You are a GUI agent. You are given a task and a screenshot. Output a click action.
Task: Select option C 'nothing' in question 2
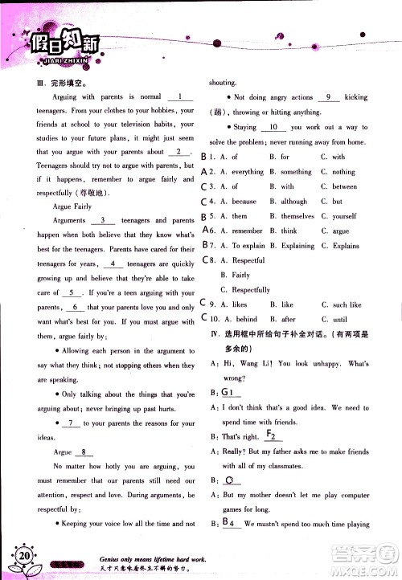338,172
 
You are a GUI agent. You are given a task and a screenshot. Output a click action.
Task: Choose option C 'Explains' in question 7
340,245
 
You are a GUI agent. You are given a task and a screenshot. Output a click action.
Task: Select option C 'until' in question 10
336,319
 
